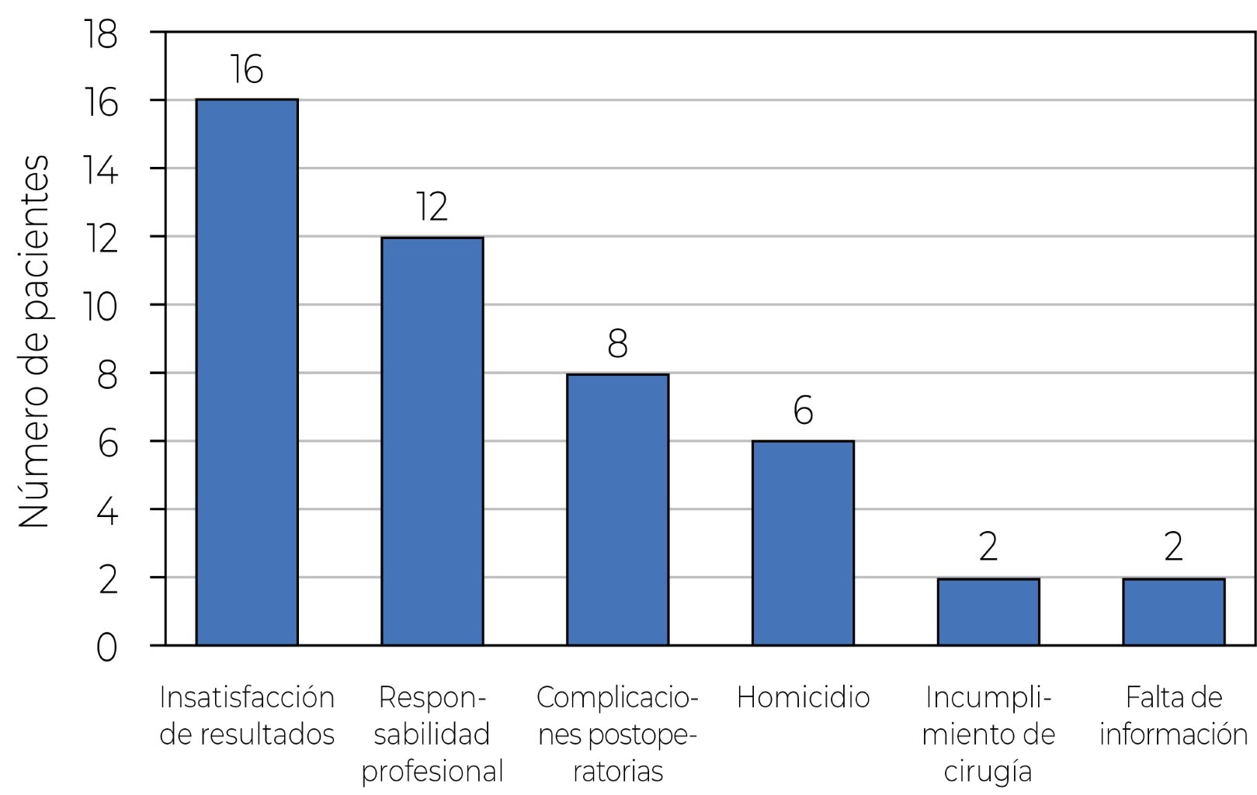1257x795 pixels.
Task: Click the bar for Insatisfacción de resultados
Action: click(247, 373)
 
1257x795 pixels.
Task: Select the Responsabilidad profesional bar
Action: click(432, 441)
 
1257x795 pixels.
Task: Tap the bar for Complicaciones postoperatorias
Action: click(617, 509)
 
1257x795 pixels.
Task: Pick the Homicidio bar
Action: click(803, 543)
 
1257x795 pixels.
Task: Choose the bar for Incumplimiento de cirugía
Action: click(988, 612)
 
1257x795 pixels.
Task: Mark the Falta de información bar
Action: click(1173, 612)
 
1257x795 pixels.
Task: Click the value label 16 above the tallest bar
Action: click(247, 70)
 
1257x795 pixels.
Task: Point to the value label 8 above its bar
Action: click(617, 344)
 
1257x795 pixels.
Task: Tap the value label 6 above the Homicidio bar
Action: click(803, 411)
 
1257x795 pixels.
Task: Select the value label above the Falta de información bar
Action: click(1173, 547)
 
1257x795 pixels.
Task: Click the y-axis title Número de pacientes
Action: click(35, 342)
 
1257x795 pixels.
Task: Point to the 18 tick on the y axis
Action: click(102, 36)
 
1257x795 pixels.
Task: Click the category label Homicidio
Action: click(803, 698)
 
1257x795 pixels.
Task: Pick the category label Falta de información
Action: click(1173, 716)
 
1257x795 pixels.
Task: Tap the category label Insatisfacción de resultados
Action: click(247, 716)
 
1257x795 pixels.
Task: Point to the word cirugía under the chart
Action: click(988, 772)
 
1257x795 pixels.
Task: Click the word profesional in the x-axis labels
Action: click(432, 772)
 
